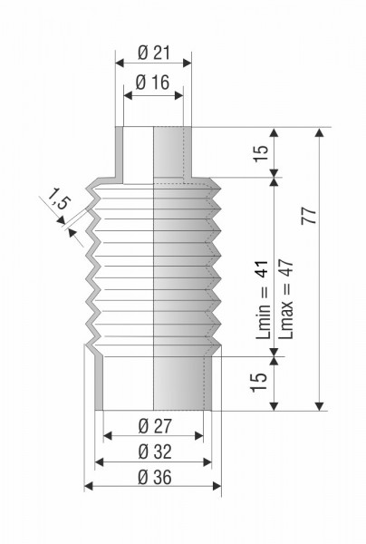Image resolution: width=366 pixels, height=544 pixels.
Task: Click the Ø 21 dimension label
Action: click(154, 53)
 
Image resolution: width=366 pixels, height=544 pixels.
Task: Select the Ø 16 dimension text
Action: click(152, 83)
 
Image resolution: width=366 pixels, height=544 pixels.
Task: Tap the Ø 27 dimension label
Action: click(155, 426)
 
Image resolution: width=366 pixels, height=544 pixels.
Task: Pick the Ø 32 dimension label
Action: click(155, 452)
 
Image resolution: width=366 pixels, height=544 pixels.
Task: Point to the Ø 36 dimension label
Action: click(155, 478)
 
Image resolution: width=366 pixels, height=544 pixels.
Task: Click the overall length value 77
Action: click(309, 216)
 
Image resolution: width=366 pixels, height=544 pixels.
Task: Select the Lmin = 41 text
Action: click(262, 299)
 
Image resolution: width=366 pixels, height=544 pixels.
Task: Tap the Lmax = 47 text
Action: click(286, 299)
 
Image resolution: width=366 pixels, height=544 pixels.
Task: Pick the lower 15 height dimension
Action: click(259, 382)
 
